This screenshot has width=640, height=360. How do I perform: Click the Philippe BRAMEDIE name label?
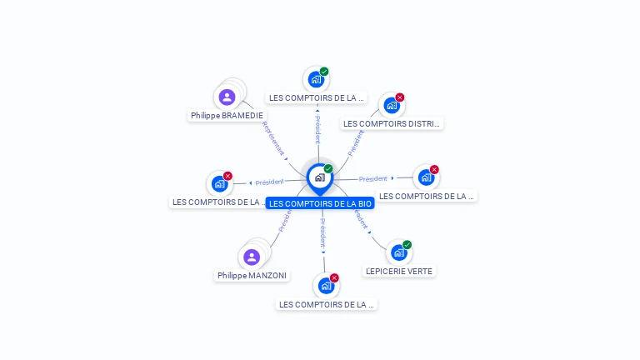[227, 116]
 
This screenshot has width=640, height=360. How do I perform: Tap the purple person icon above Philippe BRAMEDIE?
[227, 97]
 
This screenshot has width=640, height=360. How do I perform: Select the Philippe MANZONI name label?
[252, 275]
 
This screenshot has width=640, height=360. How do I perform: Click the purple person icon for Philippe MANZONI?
[252, 257]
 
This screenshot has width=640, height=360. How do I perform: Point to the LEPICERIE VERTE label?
[400, 271]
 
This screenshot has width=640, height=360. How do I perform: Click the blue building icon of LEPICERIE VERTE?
[398, 252]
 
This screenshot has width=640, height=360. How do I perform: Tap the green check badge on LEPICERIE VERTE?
[407, 245]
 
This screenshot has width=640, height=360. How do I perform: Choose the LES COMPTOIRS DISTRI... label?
[391, 123]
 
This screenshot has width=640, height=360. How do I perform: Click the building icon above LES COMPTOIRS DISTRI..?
[391, 106]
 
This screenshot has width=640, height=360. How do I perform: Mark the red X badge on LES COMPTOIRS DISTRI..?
[400, 97]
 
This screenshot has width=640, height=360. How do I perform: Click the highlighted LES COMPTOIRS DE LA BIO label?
[320, 203]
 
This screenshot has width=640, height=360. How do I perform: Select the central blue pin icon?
[319, 177]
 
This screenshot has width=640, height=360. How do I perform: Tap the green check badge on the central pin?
[328, 169]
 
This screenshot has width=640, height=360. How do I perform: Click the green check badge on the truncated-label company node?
[324, 72]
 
